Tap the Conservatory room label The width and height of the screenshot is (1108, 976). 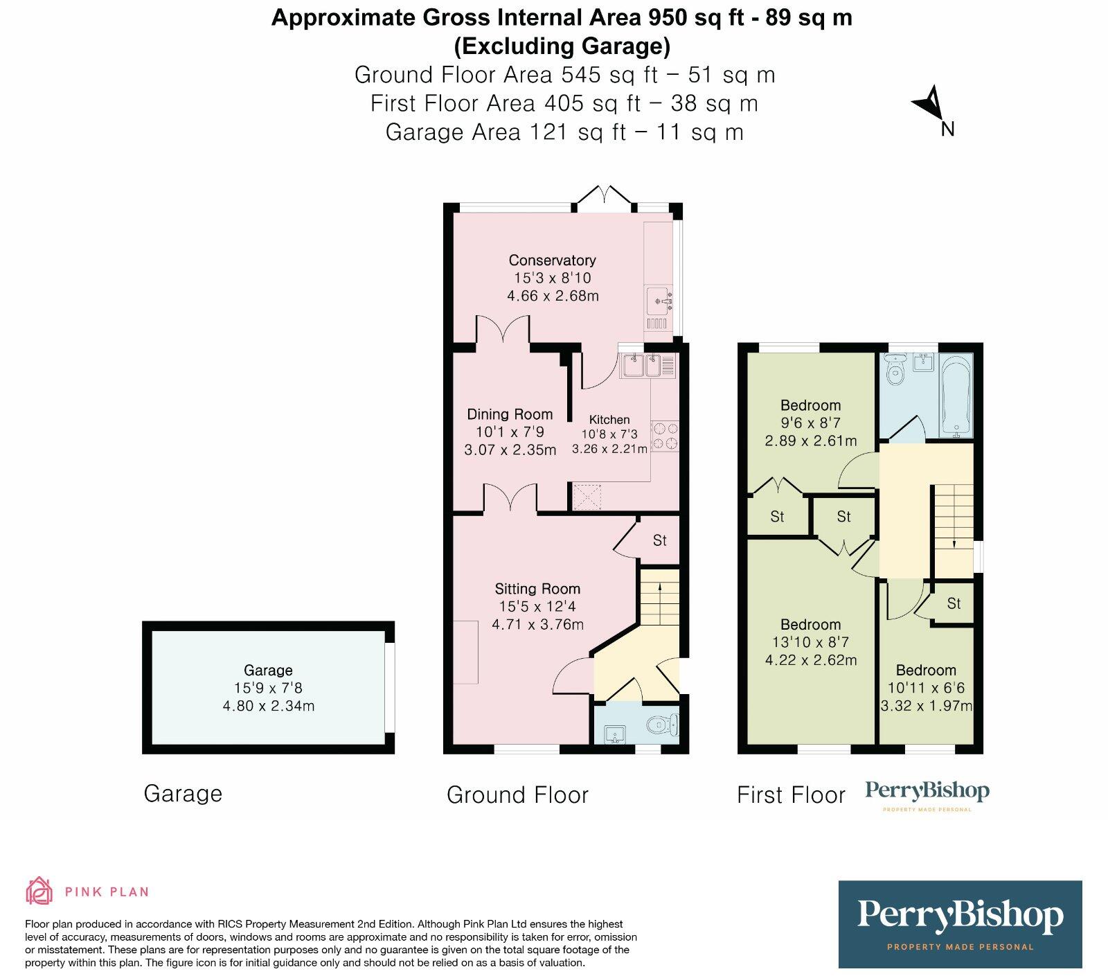[552, 260]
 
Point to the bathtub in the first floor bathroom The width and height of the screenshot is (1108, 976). [956, 396]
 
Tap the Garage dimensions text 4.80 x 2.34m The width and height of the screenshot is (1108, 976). [268, 707]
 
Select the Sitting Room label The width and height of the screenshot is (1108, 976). [537, 589]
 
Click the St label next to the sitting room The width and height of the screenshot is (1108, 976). [659, 540]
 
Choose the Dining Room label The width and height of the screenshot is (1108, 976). [510, 414]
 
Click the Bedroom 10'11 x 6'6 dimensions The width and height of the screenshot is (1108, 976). [926, 689]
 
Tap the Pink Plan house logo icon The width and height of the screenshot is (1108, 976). [39, 891]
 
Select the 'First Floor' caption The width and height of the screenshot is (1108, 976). [791, 795]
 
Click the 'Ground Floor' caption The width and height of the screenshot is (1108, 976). [517, 795]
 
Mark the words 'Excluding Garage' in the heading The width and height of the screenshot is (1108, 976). [562, 46]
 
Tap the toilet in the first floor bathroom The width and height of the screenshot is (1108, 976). [896, 371]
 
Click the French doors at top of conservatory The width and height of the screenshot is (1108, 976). [606, 197]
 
